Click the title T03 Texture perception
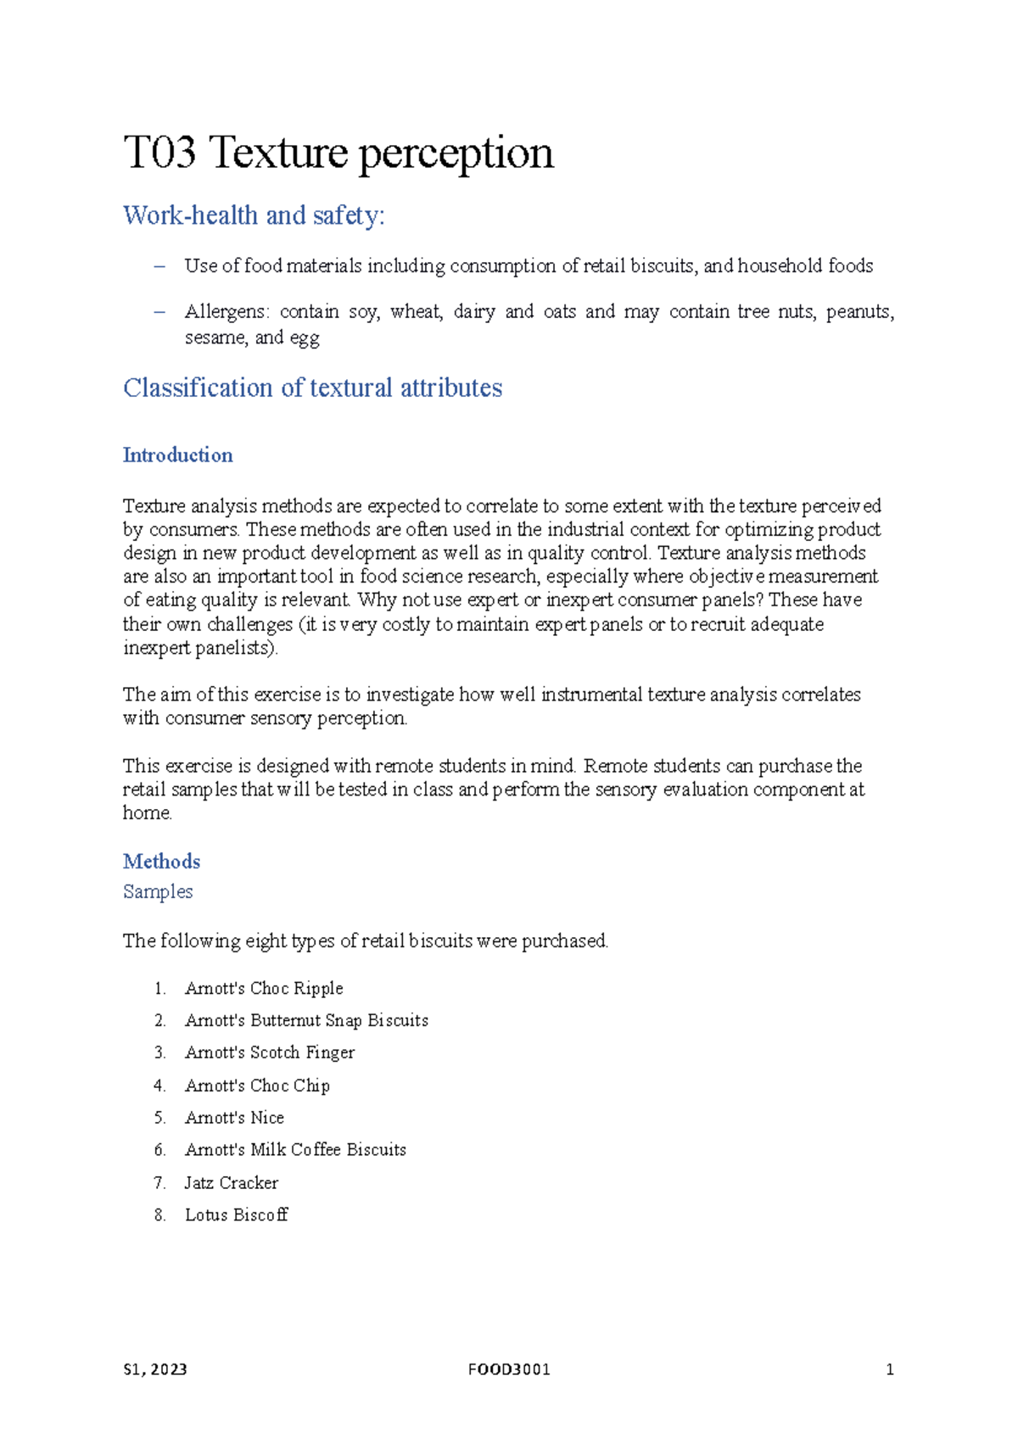pyautogui.click(x=338, y=154)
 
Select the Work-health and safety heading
pyautogui.click(x=254, y=215)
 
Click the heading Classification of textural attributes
pyautogui.click(x=312, y=388)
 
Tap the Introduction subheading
pyautogui.click(x=177, y=455)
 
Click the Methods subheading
pyautogui.click(x=161, y=862)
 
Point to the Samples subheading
pyautogui.click(x=158, y=892)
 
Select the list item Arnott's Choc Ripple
pyautogui.click(x=264, y=989)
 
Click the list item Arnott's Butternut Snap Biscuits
pyautogui.click(x=306, y=1021)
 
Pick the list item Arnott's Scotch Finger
pyautogui.click(x=270, y=1053)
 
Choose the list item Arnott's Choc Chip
pyautogui.click(x=257, y=1086)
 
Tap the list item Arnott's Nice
pyautogui.click(x=234, y=1119)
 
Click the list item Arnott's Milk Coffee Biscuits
pyautogui.click(x=295, y=1151)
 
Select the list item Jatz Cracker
pyautogui.click(x=232, y=1183)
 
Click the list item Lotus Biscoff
pyautogui.click(x=237, y=1215)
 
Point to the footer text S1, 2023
pyautogui.click(x=155, y=1370)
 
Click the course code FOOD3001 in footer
pyautogui.click(x=509, y=1370)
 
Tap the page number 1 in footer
pyautogui.click(x=889, y=1370)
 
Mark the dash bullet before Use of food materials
pyautogui.click(x=159, y=266)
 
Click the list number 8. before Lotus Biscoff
pyautogui.click(x=159, y=1215)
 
